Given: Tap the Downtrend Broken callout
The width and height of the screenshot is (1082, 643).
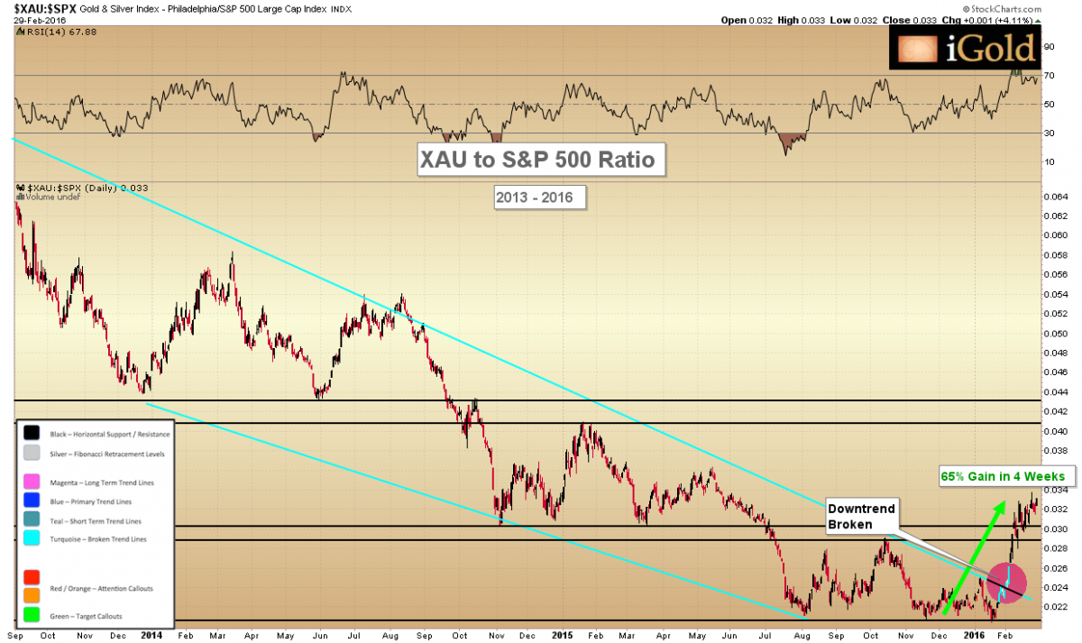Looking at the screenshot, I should [x=861, y=515].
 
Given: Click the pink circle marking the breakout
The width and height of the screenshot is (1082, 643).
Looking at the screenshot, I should [x=1007, y=582].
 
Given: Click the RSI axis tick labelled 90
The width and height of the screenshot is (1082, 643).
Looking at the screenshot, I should [x=1049, y=46].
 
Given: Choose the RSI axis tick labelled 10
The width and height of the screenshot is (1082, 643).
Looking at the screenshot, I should [x=1049, y=162].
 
